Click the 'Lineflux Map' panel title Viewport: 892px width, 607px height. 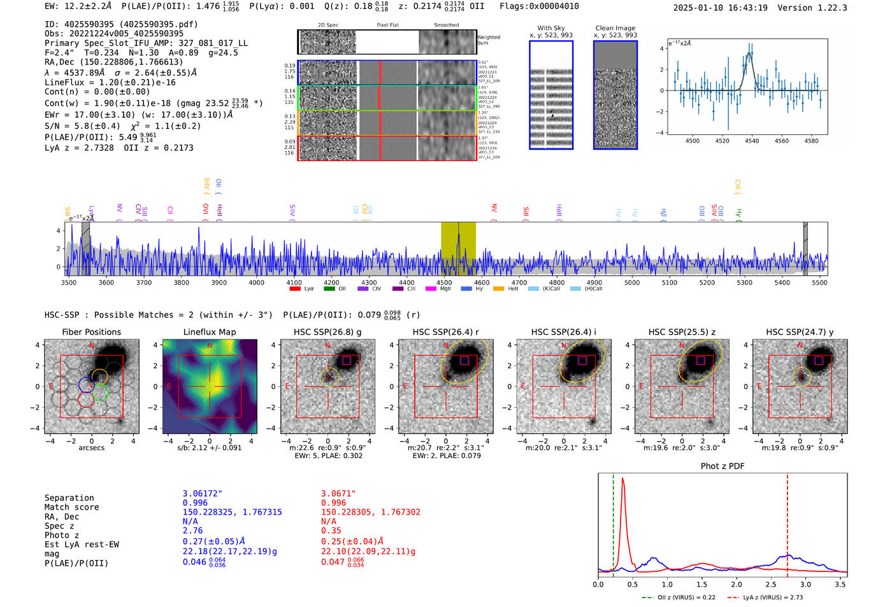click(209, 332)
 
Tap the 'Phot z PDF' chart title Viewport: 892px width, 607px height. click(723, 466)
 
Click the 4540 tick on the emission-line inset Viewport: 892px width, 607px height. click(752, 141)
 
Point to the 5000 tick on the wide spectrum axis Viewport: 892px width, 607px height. click(631, 283)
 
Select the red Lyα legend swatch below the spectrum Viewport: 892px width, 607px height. click(295, 289)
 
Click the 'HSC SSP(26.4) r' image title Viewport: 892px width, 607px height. click(445, 332)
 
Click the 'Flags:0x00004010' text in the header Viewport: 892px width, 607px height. click(539, 6)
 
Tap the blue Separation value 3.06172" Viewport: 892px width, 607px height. click(203, 494)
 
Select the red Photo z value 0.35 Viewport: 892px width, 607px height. click(331, 531)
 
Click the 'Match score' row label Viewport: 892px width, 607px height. click(71, 508)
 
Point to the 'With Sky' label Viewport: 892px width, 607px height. click(551, 28)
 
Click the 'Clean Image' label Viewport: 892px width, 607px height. click(615, 28)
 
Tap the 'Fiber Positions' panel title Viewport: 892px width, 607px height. click(91, 332)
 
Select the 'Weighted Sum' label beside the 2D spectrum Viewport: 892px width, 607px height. click(488, 40)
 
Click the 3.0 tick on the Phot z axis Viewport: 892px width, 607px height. click(805, 584)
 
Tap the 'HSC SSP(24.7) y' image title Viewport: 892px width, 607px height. click(800, 332)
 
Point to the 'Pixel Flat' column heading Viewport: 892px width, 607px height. click(387, 25)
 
